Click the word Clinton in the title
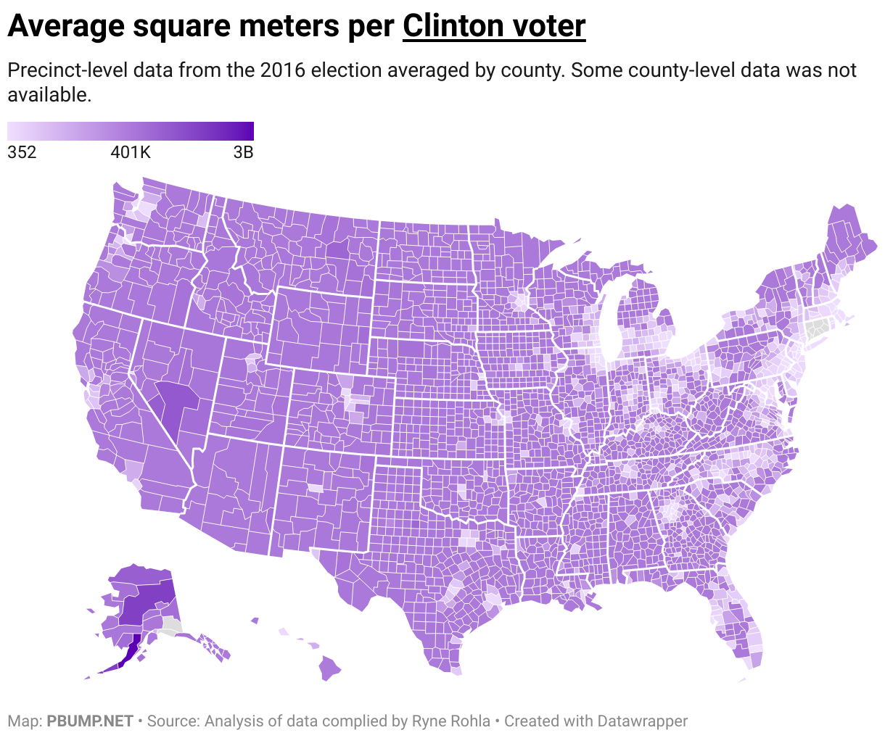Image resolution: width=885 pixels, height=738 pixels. pyautogui.click(x=446, y=26)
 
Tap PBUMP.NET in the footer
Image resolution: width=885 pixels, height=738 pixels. pyautogui.click(x=90, y=721)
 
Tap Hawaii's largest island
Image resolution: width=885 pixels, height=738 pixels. pyautogui.click(x=330, y=668)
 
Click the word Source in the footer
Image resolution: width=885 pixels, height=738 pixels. pyautogui.click(x=172, y=721)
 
